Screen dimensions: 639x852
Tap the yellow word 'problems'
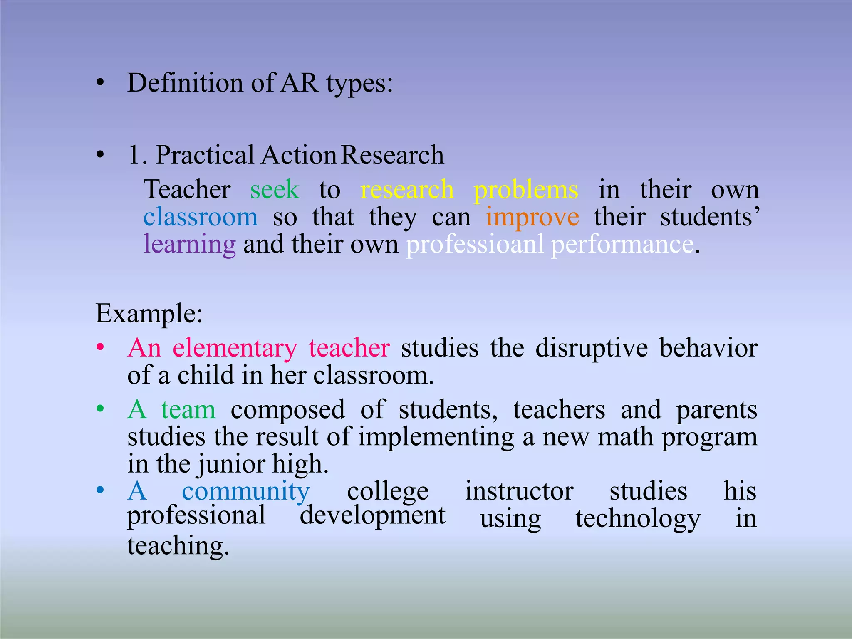(526, 191)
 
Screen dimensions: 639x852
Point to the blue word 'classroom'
(201, 217)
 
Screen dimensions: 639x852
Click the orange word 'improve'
(532, 218)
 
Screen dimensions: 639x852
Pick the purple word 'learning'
(190, 245)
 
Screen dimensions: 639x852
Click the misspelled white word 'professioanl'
(475, 245)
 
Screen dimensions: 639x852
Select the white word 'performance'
(622, 245)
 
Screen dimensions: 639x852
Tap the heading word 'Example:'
(149, 314)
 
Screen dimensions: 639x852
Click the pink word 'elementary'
(235, 349)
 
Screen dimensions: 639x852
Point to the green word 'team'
(188, 410)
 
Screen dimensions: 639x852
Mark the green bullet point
(100, 409)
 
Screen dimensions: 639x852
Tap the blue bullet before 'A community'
(100, 490)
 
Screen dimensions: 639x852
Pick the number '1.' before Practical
(138, 155)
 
